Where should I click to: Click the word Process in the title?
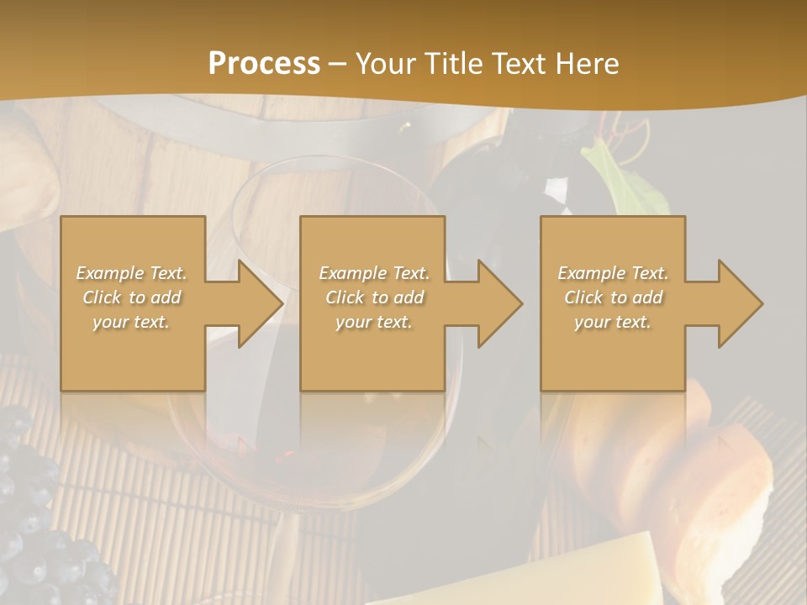point(264,63)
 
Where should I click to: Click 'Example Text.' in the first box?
point(131,273)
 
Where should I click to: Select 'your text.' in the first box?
point(131,322)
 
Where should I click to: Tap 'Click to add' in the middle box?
point(374,297)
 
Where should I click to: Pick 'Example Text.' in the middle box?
point(374,273)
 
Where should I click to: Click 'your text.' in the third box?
point(613,322)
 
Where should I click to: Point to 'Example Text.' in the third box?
point(613,273)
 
